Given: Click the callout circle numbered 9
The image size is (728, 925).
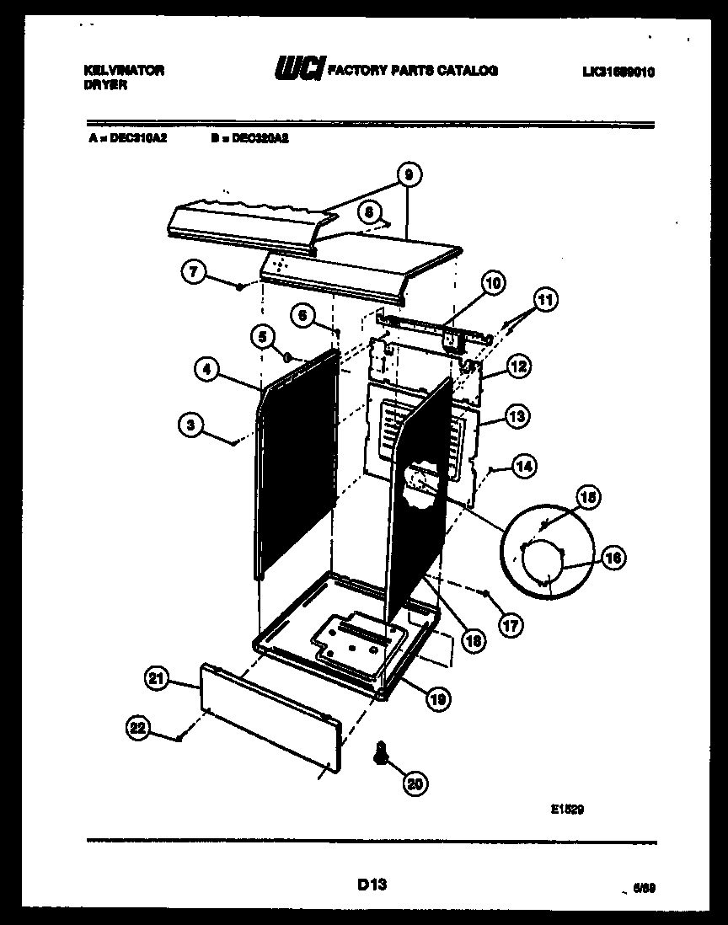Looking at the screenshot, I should click(x=408, y=174).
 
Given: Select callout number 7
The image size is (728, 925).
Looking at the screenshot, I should click(x=194, y=271).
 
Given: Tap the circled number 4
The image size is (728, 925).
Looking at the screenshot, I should click(x=206, y=367).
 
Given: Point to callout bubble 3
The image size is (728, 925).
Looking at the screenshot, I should click(x=191, y=425).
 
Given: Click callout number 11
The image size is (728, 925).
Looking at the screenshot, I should click(x=546, y=299).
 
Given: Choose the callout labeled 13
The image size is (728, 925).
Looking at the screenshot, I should click(x=517, y=415).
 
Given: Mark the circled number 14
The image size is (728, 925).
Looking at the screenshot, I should click(x=524, y=464).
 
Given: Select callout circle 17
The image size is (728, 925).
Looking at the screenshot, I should click(x=510, y=624).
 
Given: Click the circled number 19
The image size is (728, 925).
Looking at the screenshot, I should click(x=437, y=698).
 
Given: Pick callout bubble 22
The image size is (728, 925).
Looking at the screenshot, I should click(x=140, y=727).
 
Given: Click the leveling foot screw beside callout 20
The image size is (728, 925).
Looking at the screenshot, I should click(x=381, y=752).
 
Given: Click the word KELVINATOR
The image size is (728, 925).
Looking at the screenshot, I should click(x=125, y=71).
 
